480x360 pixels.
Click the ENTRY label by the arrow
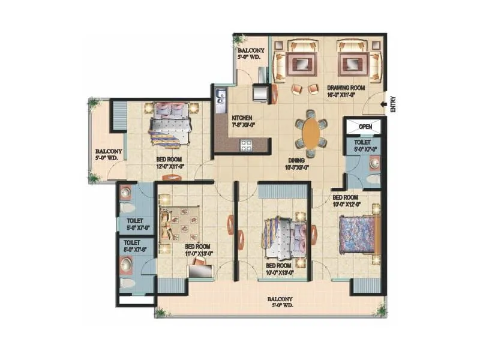(x=393, y=105)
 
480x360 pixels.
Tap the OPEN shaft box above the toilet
(x=365, y=127)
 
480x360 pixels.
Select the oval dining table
(x=311, y=133)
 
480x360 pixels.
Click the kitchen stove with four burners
(x=247, y=144)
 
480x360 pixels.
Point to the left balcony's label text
(x=109, y=154)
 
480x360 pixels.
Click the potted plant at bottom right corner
(x=380, y=310)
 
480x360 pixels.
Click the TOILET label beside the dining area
(x=365, y=146)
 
